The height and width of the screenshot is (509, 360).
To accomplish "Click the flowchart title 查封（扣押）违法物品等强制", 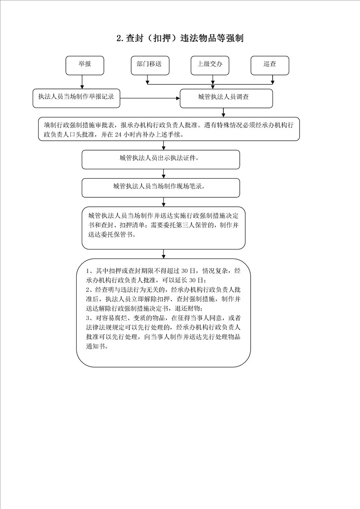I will tap(180, 38).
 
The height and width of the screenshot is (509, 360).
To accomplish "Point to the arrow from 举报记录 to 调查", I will tap(150, 98).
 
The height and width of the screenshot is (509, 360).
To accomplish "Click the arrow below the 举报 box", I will tap(82, 82).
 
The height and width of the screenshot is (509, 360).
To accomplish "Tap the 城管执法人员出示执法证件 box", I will tap(161, 159).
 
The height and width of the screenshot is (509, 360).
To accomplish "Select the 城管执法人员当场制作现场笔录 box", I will tap(161, 187).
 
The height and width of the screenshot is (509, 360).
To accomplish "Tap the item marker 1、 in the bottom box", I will tap(89, 271).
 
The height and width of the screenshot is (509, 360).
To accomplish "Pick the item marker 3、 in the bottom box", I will tap(89, 318).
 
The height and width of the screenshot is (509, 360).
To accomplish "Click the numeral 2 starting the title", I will tap(119, 39).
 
